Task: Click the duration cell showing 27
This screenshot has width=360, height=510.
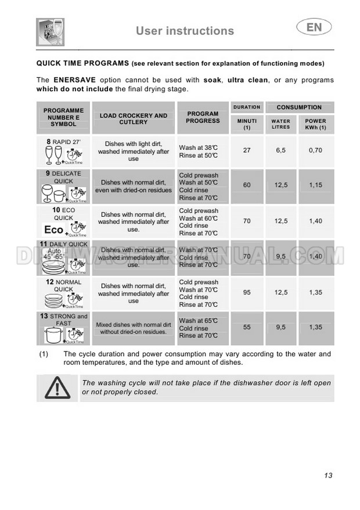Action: [247, 150]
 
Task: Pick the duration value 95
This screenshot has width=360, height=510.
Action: [247, 293]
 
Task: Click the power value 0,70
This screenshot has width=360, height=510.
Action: [315, 150]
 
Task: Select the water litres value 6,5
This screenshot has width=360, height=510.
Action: [281, 150]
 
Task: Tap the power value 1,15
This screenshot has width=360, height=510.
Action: [315, 185]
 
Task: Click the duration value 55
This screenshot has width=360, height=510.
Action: [247, 328]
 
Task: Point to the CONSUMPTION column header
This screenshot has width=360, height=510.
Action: [299, 107]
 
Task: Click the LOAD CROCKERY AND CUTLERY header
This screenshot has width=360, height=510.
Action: [134, 118]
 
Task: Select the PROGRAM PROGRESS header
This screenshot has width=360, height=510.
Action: [203, 117]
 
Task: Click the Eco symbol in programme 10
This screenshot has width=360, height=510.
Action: [54, 230]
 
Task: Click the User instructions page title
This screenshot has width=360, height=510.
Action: [185, 31]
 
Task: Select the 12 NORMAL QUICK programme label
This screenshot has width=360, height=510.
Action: [64, 285]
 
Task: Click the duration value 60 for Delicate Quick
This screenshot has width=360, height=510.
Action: [247, 185]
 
